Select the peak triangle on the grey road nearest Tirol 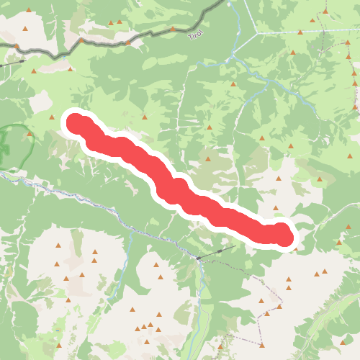tap(173, 29)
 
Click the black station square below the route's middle tap(197, 257)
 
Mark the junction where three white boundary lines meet tap(256, 32)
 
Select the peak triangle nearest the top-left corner tap(26, 29)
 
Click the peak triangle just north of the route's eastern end tap(275, 208)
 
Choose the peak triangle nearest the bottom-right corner tap(343, 342)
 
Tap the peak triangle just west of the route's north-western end tap(52, 117)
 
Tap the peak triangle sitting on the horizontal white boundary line tap(299, 32)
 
